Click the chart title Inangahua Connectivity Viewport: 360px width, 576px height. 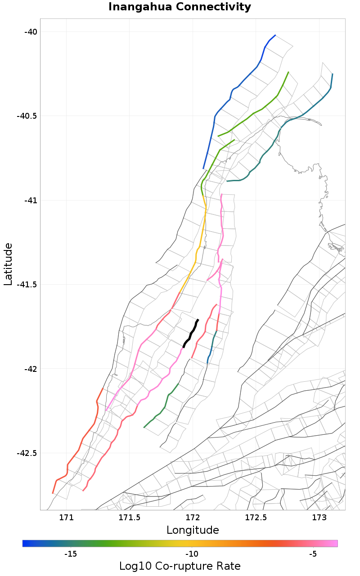(x=180, y=7)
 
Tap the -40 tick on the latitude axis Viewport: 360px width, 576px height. (x=31, y=31)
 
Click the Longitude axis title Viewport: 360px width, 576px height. (x=193, y=530)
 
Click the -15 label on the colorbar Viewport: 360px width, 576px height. (x=71, y=554)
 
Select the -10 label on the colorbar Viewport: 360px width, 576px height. (x=192, y=554)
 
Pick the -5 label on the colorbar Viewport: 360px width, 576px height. (x=313, y=554)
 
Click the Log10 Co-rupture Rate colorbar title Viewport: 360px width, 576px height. (x=180, y=566)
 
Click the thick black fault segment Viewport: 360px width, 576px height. (x=191, y=333)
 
